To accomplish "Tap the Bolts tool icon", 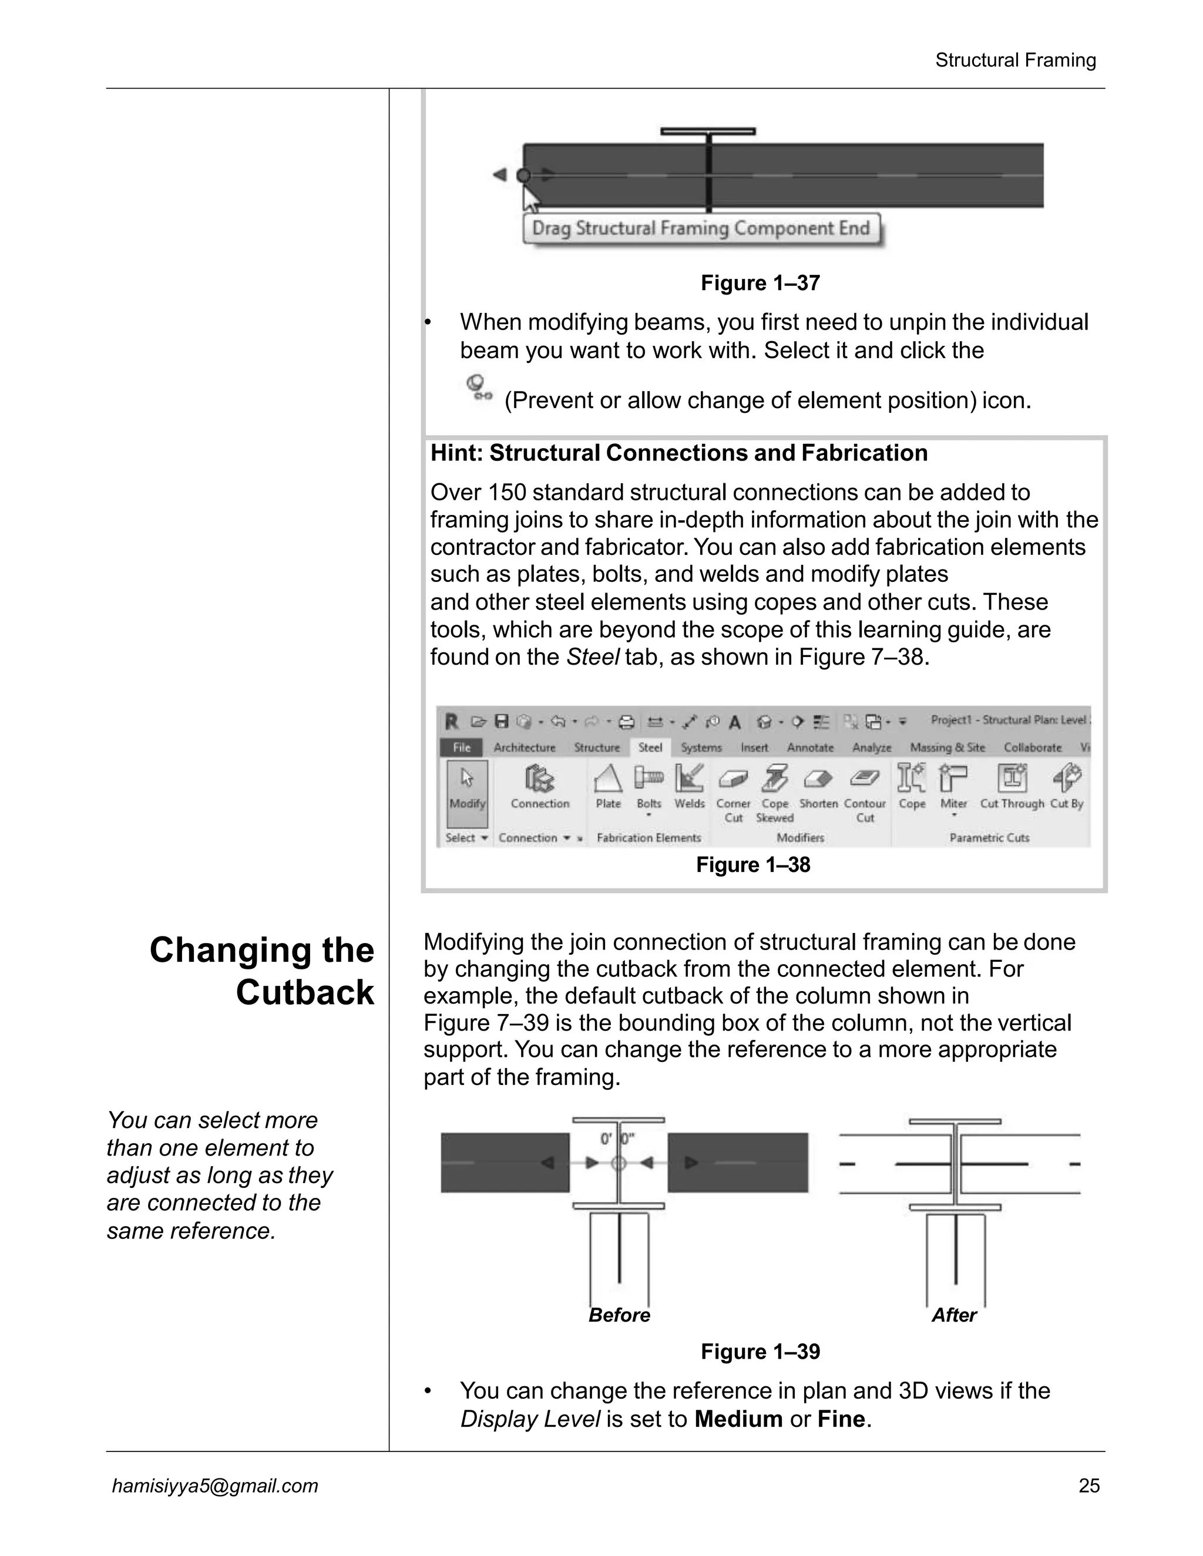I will [648, 779].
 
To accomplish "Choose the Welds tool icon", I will [689, 779].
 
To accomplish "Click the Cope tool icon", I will [912, 779].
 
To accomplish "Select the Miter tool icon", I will [953, 779].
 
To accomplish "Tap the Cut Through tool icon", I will [1012, 779].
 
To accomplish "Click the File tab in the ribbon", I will [462, 747].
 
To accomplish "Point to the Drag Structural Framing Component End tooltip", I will [701, 228].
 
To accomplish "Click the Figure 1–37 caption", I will [760, 283].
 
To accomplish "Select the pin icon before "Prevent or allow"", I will [478, 388].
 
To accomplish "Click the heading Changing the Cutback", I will [262, 971].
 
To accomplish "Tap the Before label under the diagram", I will [619, 1315].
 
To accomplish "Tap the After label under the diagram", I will [953, 1315].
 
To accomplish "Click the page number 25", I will [1089, 1486].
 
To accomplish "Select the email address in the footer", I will [214, 1486].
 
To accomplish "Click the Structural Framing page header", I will [1015, 60].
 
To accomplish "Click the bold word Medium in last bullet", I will [738, 1419].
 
